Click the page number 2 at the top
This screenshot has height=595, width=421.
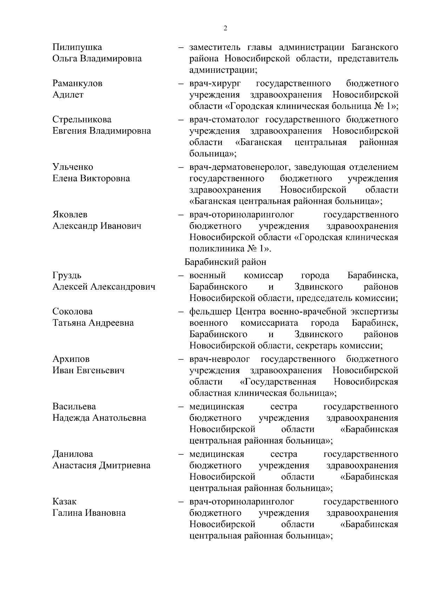click(x=225, y=28)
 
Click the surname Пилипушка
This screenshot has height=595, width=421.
click(x=77, y=47)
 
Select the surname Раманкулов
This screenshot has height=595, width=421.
click(x=78, y=83)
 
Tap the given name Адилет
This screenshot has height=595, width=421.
click(x=68, y=95)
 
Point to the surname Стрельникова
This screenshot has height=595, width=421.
click(x=82, y=120)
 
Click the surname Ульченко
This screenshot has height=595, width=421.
click(x=73, y=167)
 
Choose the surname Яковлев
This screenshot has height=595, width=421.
click(x=70, y=214)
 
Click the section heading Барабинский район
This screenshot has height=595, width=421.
click(x=225, y=262)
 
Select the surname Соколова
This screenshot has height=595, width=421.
click(x=73, y=312)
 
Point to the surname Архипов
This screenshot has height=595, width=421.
click(x=71, y=359)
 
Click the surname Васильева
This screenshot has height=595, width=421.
click(x=74, y=407)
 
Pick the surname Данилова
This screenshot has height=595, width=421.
click(x=73, y=454)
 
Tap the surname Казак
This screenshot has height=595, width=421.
click(x=65, y=502)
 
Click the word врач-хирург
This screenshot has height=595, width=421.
click(x=214, y=83)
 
